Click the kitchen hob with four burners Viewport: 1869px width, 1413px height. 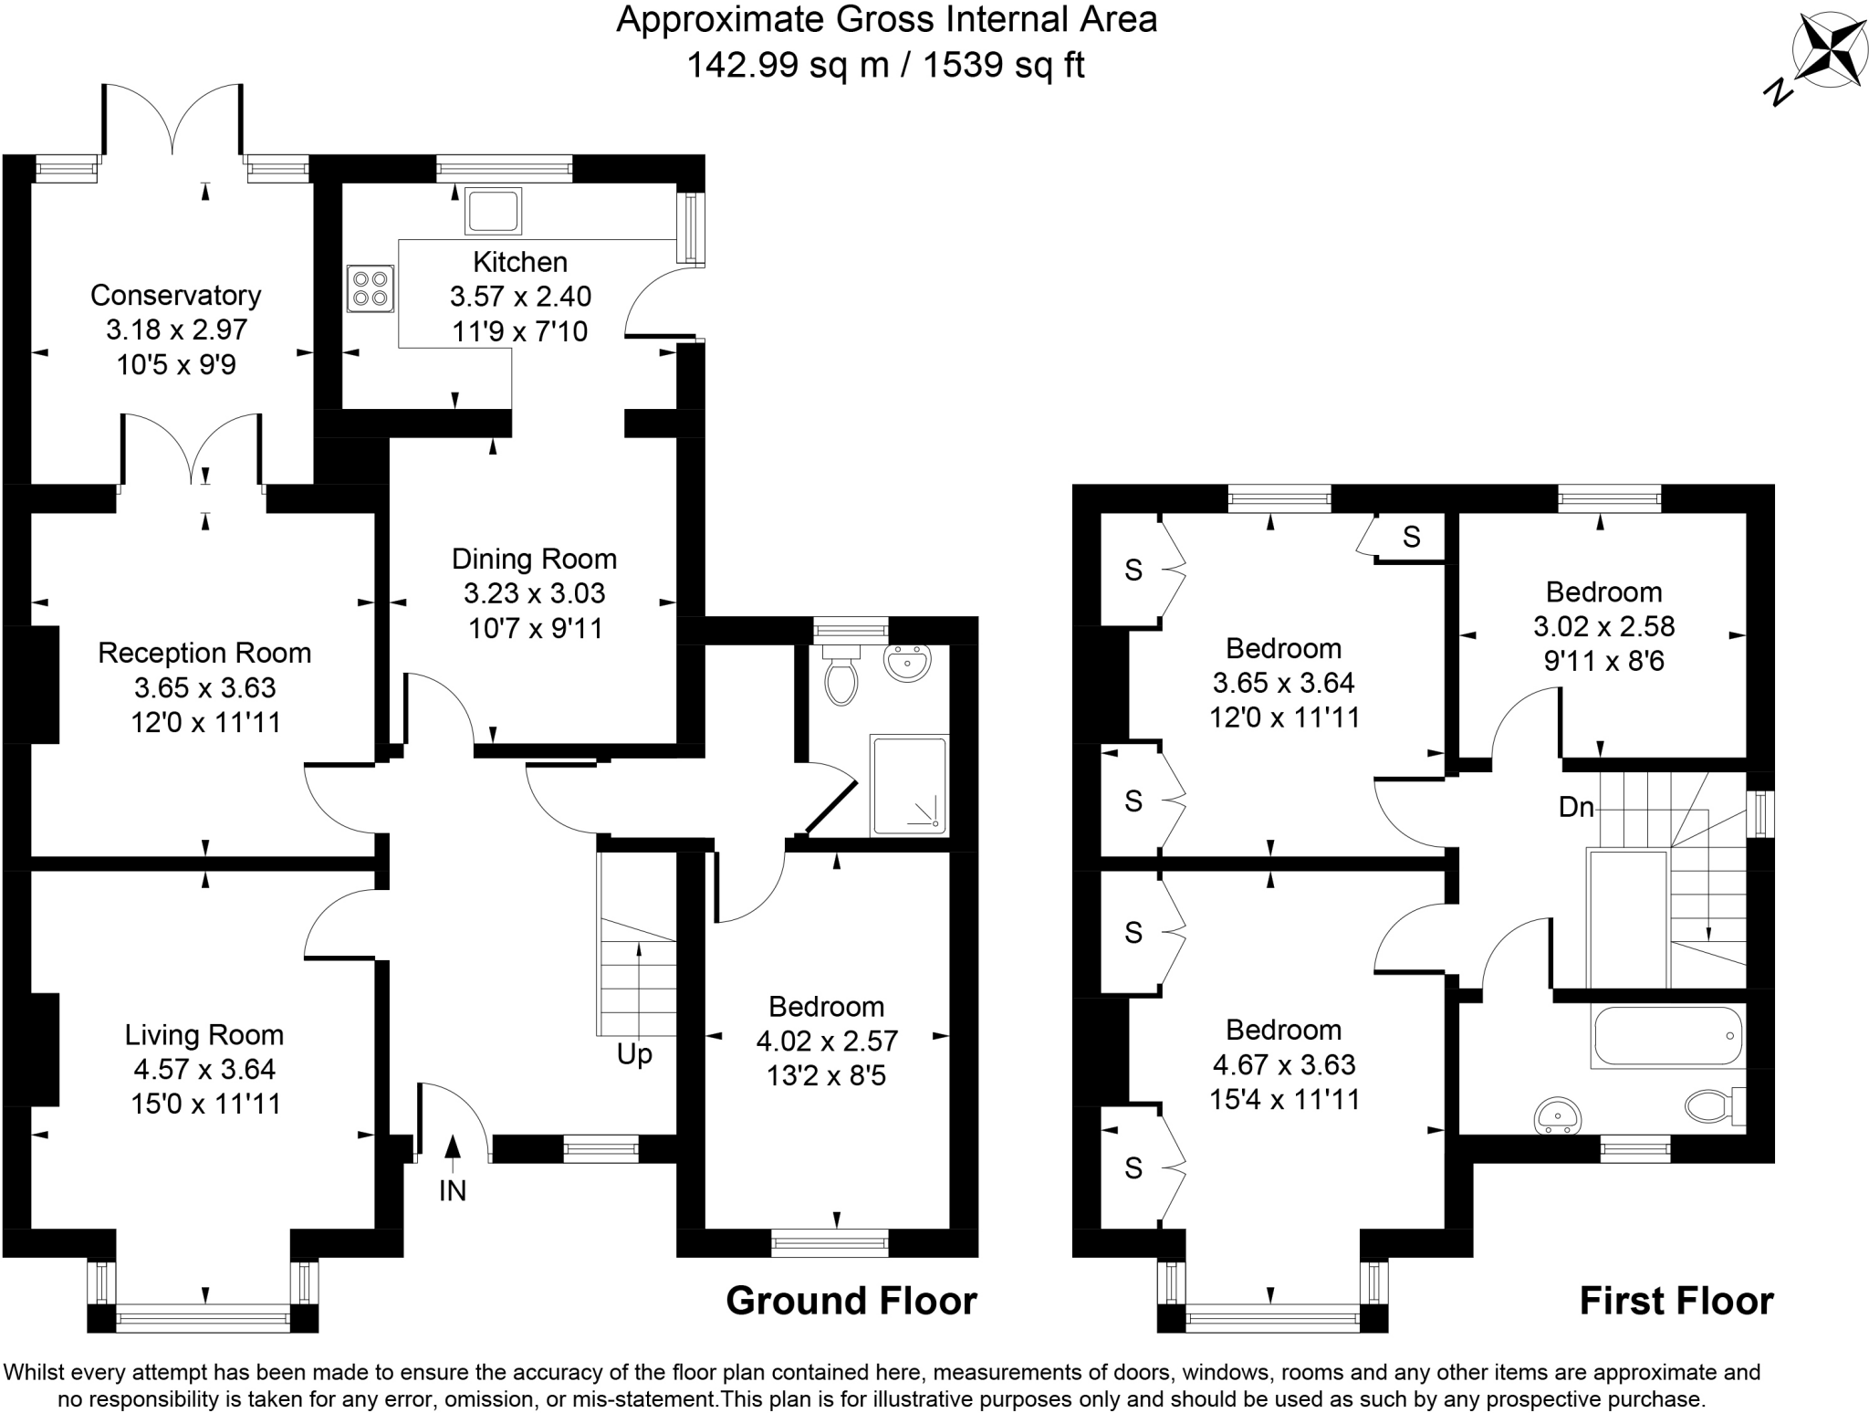coord(371,288)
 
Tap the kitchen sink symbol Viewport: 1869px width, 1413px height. coord(493,211)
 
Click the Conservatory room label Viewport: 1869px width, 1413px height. coord(175,295)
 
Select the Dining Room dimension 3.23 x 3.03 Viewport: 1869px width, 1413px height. coord(534,593)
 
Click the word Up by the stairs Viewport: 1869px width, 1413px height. coord(634,1054)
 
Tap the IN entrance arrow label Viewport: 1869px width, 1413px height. coord(453,1190)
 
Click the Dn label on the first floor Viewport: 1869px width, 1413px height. coord(1576,807)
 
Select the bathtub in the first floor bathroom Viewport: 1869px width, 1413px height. coord(1666,1036)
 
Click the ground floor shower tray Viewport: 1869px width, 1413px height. coord(909,785)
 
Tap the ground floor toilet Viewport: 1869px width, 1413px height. coord(841,676)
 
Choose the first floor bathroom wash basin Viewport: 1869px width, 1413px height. coord(1559,1115)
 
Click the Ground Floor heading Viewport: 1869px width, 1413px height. coord(851,1301)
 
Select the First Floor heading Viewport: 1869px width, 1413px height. coord(1676,1301)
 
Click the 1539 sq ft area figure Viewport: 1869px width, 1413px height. coord(1004,65)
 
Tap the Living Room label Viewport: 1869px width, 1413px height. coord(204,1034)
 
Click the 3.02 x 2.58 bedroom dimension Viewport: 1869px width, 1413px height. coord(1603,626)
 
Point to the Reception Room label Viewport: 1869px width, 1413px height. coord(204,653)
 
